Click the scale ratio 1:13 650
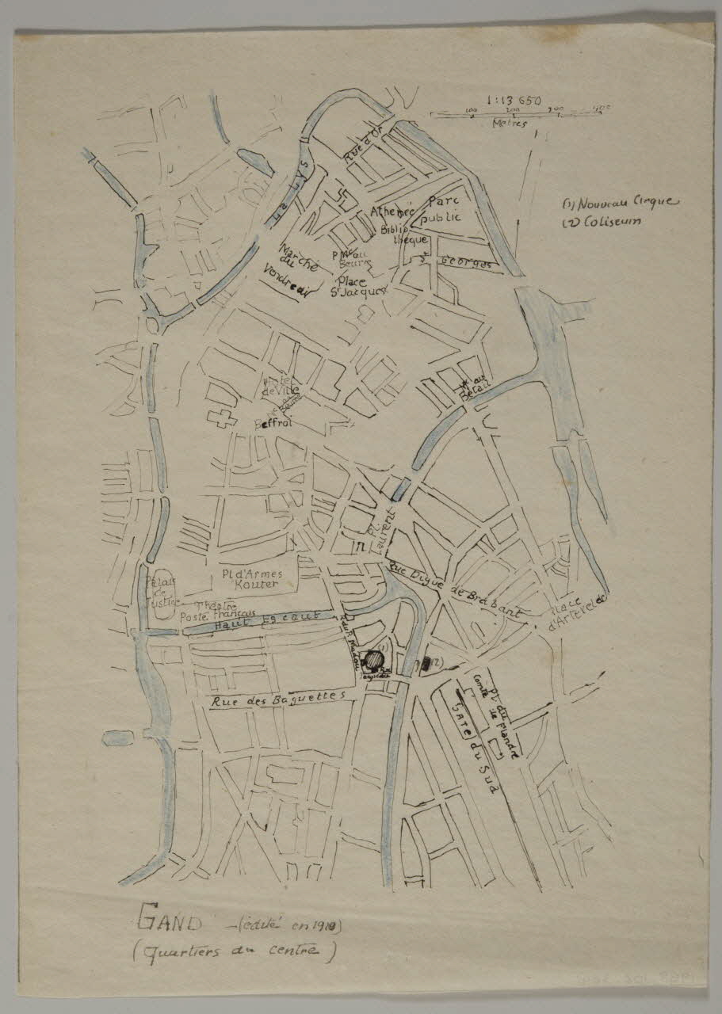click(x=515, y=101)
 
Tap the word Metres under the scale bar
click(x=508, y=124)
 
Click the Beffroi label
click(x=273, y=424)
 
